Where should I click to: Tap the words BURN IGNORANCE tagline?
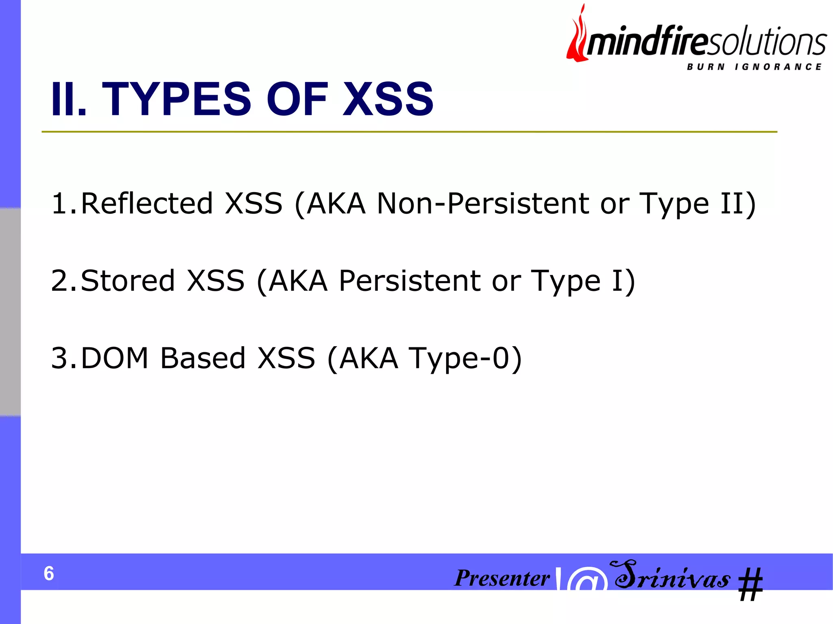pyautogui.click(x=754, y=67)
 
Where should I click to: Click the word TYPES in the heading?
pyautogui.click(x=176, y=99)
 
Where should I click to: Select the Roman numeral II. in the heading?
pyautogui.click(x=68, y=99)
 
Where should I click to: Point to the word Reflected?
pyautogui.click(x=147, y=203)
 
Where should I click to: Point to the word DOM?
pyautogui.click(x=115, y=358)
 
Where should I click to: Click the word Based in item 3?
pyautogui.click(x=203, y=358)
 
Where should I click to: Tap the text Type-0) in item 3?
pyautogui.click(x=464, y=359)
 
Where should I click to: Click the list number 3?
pyautogui.click(x=59, y=358)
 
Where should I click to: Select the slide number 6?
pyautogui.click(x=49, y=573)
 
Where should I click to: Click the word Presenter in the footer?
pyautogui.click(x=502, y=578)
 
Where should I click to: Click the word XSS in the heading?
pyautogui.click(x=388, y=99)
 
